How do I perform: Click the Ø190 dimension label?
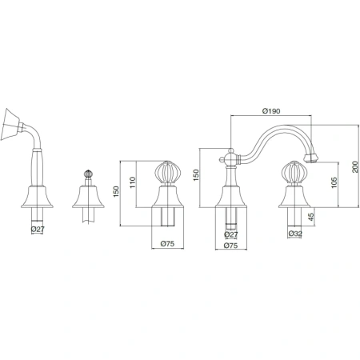pos(271,111)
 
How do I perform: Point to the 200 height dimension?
pos(355,166)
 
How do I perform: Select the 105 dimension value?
pos(334,182)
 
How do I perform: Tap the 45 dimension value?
pos(311,217)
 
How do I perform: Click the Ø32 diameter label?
pos(295,234)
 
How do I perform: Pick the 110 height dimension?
pos(133,182)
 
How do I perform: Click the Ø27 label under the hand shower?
pos(38,229)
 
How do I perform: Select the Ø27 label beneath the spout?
pos(231,234)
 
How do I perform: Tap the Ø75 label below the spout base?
pos(231,246)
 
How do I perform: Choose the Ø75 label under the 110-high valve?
pos(167,243)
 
